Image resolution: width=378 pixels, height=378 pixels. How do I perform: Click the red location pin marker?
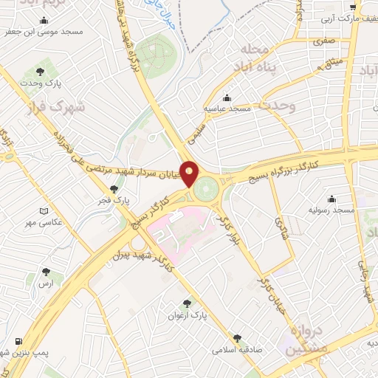click(190, 173)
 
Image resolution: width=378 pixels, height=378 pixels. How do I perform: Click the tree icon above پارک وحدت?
click(39, 72)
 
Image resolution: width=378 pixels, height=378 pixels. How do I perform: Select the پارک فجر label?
click(116, 199)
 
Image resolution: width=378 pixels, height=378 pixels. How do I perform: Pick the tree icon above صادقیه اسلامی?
click(237, 336)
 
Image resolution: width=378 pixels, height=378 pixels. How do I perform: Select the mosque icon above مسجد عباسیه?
click(227, 97)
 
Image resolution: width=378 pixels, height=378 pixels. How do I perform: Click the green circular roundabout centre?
click(207, 187)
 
